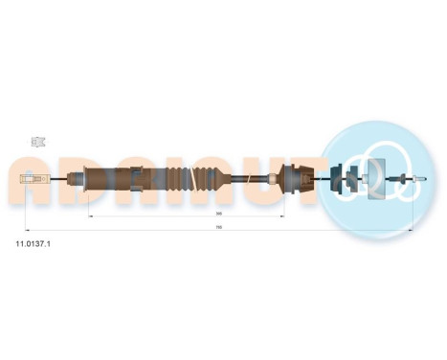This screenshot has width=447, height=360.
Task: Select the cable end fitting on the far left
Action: pos(35,178)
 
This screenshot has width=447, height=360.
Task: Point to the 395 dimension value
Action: pos(219,214)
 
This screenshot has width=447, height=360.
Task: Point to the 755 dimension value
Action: pos(219,227)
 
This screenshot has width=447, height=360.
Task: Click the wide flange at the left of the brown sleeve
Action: pos(89,178)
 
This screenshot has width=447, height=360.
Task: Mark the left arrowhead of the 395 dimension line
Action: pos(91,217)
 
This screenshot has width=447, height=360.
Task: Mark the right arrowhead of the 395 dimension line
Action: pos(283,217)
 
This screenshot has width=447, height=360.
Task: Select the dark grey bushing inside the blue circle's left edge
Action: pos(337,177)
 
